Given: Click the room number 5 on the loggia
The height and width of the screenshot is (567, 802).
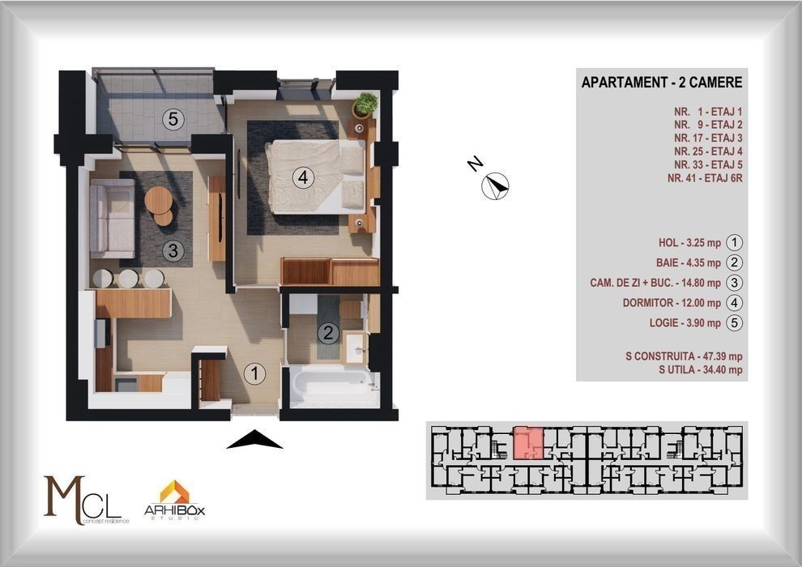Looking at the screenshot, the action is [173, 119].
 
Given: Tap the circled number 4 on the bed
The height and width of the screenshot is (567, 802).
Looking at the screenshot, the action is [303, 178].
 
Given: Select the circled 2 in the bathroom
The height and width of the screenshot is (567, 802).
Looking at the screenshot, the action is [328, 334].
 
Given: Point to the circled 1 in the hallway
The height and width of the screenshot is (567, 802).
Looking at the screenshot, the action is [254, 373].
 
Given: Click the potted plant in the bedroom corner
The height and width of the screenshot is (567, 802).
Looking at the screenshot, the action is [365, 104].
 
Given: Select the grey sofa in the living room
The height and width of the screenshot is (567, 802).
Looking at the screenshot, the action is [112, 219].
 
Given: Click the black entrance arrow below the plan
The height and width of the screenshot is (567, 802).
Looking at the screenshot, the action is [254, 439].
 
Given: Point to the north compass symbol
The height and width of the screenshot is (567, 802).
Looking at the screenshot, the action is [495, 185].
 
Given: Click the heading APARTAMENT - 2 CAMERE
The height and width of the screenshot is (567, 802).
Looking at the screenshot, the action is [661, 83].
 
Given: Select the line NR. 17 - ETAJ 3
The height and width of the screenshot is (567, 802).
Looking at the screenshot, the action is [708, 138].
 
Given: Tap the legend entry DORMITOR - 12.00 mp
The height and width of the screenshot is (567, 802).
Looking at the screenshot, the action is [672, 303].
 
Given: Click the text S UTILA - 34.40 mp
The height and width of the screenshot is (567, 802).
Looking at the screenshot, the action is [700, 369].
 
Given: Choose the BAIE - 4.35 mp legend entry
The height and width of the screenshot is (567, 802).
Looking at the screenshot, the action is [689, 262].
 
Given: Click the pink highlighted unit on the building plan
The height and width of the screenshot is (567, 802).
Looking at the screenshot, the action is [528, 443].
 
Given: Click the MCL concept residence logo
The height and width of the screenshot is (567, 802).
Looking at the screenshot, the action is [85, 501].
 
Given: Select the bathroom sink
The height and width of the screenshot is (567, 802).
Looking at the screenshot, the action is [355, 348].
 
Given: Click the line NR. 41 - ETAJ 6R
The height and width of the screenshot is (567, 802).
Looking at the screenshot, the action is [705, 178].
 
